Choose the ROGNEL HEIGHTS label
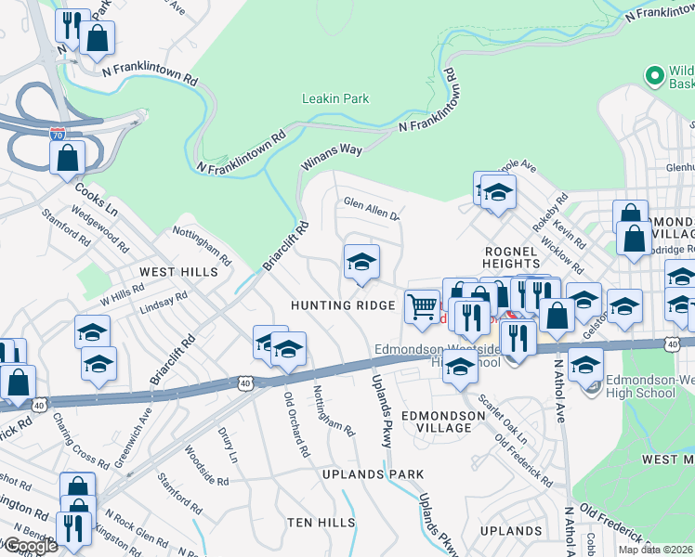click(x=511, y=258)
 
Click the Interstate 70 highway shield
click(x=59, y=136)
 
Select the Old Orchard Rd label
click(x=296, y=423)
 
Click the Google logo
click(x=30, y=546)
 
